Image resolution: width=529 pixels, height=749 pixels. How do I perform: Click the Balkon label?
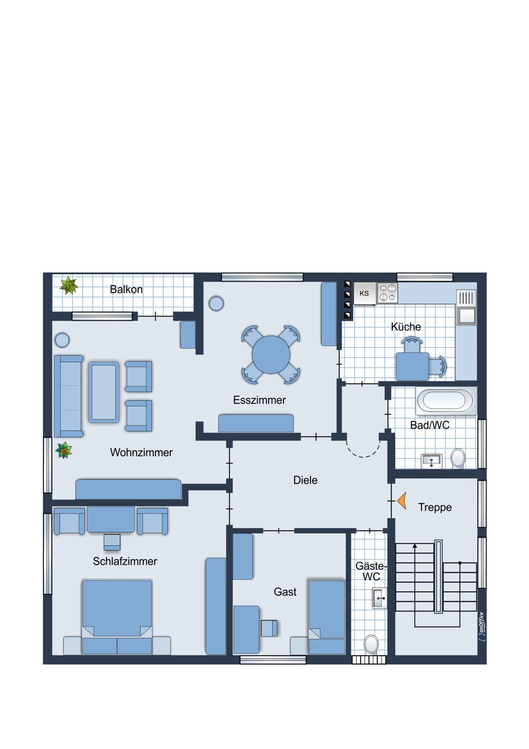click(126, 290)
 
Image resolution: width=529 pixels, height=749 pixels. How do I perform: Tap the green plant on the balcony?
click(69, 285)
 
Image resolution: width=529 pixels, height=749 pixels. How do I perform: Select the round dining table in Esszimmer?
click(271, 355)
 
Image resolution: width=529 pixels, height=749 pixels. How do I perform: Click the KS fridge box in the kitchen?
click(365, 293)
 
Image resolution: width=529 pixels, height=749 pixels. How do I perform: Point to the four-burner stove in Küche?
click(387, 293)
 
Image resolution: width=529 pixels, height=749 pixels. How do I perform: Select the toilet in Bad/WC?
click(458, 458)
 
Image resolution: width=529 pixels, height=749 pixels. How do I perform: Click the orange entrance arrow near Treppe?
click(402, 501)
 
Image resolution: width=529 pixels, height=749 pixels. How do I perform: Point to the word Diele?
click(305, 480)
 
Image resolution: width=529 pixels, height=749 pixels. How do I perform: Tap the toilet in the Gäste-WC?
click(371, 644)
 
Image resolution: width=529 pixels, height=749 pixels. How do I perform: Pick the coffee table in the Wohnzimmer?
click(104, 392)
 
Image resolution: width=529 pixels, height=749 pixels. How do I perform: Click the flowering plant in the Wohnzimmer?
click(64, 450)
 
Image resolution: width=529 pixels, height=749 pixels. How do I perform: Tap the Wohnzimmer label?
click(141, 453)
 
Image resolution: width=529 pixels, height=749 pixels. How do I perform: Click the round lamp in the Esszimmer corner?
click(216, 304)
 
